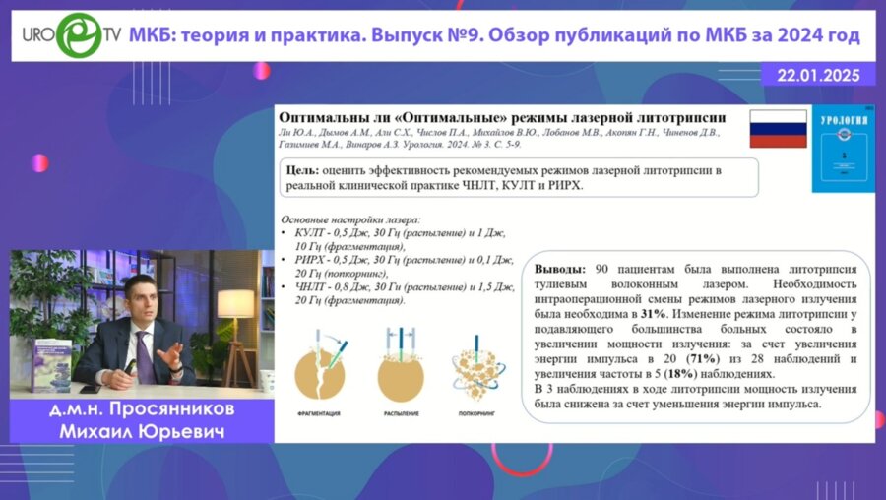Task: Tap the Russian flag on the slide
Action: coord(778,129)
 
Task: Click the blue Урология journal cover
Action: coord(838,150)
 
